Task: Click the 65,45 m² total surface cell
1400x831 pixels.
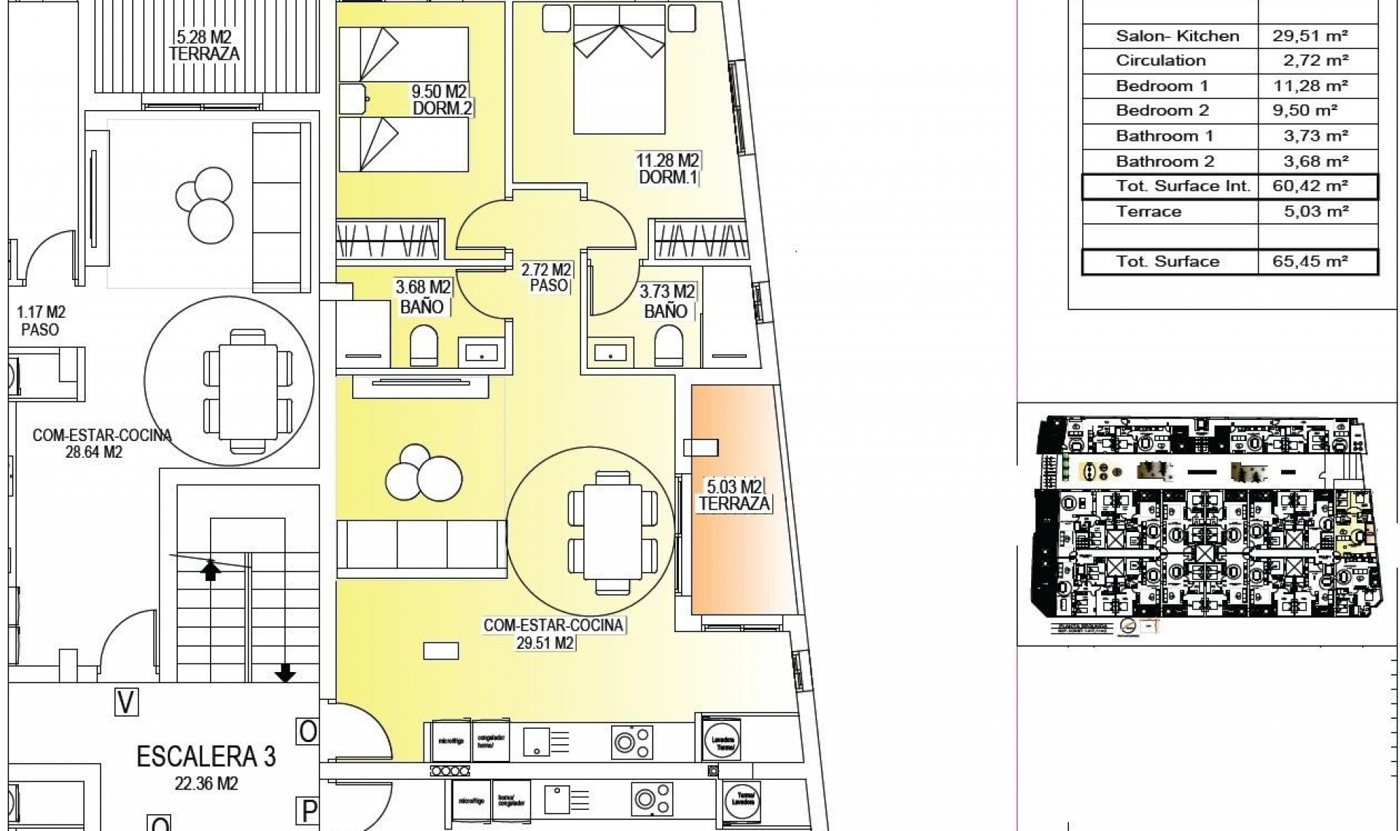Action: (x=1310, y=261)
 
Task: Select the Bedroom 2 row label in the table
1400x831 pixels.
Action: (x=1162, y=111)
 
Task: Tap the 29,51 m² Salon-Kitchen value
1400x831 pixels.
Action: (x=1310, y=36)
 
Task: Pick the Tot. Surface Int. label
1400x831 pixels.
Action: (x=1183, y=186)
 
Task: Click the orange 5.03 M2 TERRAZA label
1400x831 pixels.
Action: (x=734, y=495)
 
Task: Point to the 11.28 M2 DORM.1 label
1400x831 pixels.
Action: (x=668, y=168)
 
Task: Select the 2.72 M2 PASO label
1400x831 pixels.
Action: (x=547, y=278)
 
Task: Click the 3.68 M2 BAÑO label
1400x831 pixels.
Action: (x=422, y=297)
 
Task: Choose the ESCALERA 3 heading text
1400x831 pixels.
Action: (x=206, y=757)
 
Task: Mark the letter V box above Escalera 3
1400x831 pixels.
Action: (x=126, y=702)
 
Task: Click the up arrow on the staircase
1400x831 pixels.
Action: (x=211, y=570)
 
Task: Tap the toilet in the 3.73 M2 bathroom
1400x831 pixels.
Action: (x=669, y=346)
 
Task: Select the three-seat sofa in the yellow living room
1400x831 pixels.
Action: (x=421, y=545)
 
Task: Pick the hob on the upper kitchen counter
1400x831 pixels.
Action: (x=631, y=743)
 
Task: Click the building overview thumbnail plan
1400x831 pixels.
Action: (x=1207, y=523)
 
